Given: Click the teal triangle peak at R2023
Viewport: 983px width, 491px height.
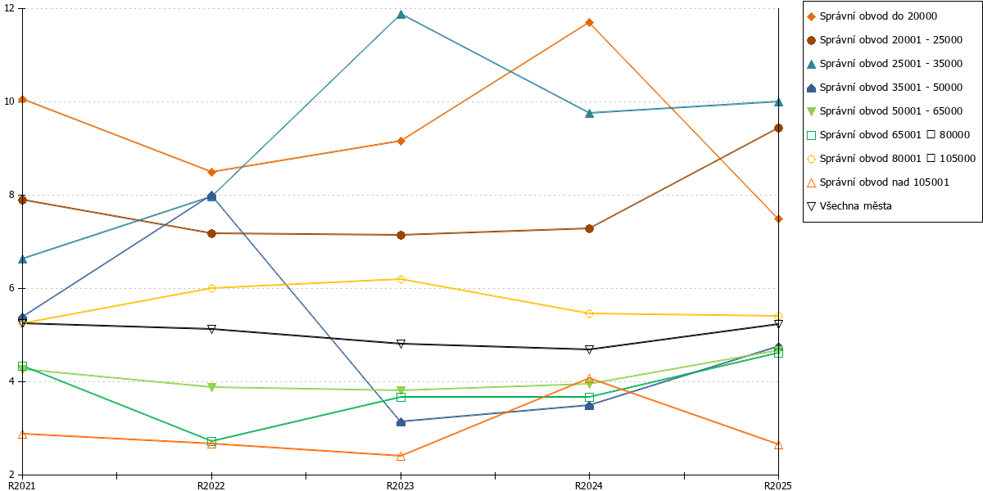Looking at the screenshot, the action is click(401, 15).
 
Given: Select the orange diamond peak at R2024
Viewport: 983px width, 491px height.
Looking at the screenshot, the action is click(589, 22).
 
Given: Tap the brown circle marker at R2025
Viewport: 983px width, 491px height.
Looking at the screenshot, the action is click(778, 128).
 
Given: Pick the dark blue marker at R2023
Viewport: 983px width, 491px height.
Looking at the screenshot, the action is click(401, 422).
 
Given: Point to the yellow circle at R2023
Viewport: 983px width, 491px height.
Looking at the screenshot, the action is click(401, 279).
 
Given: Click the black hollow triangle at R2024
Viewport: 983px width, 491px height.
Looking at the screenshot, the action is click(589, 349).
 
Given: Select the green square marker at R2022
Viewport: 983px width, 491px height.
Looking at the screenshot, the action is click(211, 441).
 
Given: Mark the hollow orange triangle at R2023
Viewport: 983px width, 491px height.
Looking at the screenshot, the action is click(401, 457).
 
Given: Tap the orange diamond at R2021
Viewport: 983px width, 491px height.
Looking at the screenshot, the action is click(23, 99).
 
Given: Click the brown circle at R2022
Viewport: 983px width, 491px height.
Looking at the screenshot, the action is click(211, 234).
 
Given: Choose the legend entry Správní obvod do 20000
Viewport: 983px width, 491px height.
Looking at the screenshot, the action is click(872, 16).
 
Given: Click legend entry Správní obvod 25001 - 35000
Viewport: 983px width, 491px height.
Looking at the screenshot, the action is click(885, 64).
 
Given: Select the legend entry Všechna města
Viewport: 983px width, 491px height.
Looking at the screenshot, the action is click(849, 206).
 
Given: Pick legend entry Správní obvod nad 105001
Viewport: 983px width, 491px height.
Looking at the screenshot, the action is click(877, 182).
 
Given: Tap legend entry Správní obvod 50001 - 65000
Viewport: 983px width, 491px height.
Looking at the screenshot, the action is click(885, 111).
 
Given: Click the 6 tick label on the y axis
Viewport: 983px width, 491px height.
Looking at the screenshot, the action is click(11, 288).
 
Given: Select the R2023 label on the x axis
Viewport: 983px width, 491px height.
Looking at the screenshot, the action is click(401, 485).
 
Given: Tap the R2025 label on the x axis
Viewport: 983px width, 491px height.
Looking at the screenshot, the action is click(778, 485).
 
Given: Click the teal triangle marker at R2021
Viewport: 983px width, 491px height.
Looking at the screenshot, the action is click(23, 259).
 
